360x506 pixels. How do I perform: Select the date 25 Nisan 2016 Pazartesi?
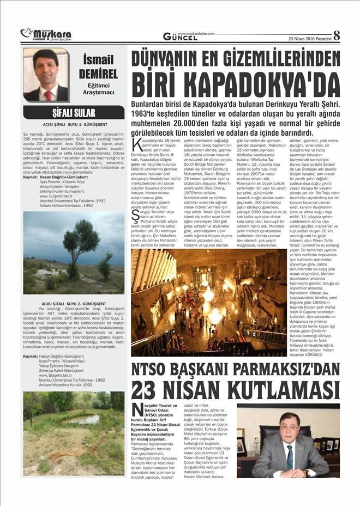[x=309, y=38]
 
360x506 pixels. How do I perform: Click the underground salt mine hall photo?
[x=208, y=302]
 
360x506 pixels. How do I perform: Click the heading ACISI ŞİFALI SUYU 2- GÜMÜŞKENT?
[x=73, y=303]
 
